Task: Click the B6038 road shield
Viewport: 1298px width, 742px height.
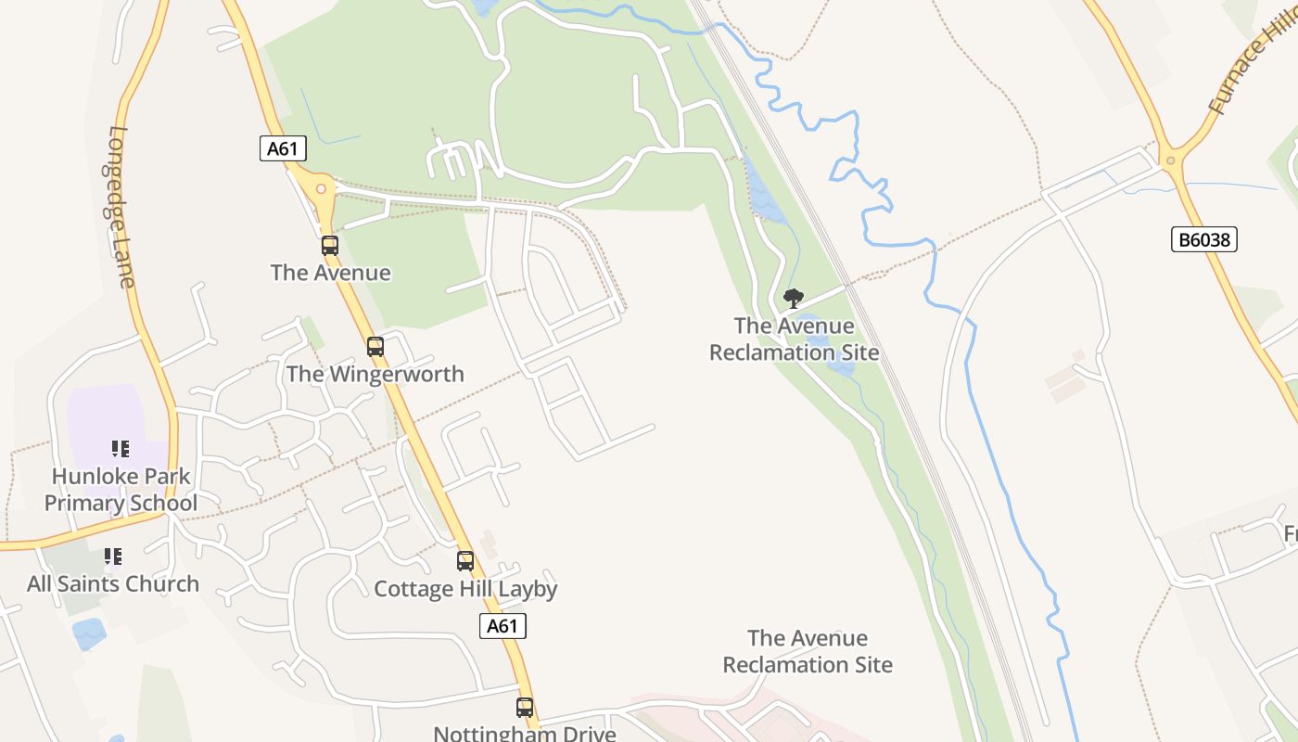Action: pos(1203,240)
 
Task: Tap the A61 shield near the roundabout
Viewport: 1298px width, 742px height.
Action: pos(283,148)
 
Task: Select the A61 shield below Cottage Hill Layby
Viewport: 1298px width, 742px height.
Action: pos(503,626)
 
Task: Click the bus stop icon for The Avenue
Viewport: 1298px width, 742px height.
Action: pos(330,246)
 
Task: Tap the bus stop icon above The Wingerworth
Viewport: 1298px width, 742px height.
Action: pos(375,347)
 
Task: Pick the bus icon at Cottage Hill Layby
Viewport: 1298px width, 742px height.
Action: pos(465,561)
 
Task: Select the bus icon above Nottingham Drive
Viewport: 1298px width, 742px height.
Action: pos(525,708)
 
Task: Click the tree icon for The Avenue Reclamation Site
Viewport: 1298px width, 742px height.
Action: pos(793,299)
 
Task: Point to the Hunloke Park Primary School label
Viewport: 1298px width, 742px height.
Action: pos(121,490)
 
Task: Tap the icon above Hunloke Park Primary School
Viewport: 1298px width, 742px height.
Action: pos(121,449)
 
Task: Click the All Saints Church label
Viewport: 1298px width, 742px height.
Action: pos(113,584)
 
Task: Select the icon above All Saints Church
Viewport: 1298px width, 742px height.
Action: pos(113,556)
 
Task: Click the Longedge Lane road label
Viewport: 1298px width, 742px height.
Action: pos(122,206)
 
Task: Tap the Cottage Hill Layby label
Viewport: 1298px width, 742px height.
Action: pos(465,589)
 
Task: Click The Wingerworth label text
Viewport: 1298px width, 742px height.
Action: pos(375,374)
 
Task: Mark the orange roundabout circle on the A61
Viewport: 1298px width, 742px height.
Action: pos(321,189)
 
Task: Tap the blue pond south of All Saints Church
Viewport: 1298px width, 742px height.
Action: pos(89,633)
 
